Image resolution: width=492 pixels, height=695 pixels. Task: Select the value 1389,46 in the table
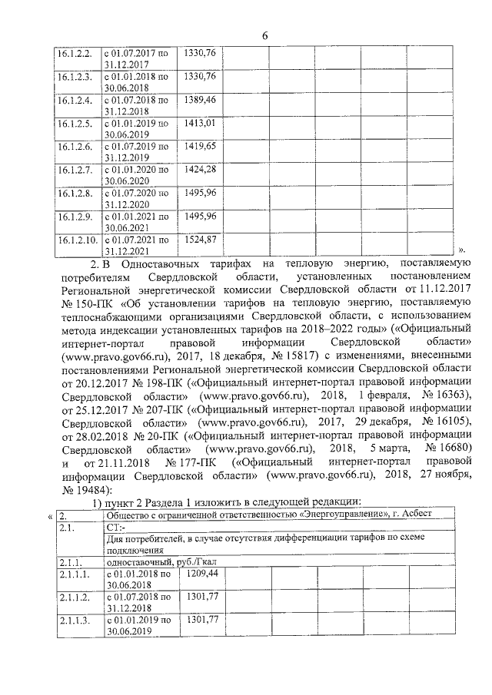coord(201,100)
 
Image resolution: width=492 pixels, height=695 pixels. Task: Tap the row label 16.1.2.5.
coord(75,123)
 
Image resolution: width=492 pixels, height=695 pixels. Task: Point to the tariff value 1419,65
coord(201,146)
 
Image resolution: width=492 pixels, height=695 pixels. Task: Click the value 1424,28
coord(201,169)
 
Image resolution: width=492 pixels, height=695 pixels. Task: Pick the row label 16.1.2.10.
coord(78,240)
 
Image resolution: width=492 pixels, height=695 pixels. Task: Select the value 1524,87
coord(201,240)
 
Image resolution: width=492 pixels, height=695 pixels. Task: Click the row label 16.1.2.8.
coord(75,193)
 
